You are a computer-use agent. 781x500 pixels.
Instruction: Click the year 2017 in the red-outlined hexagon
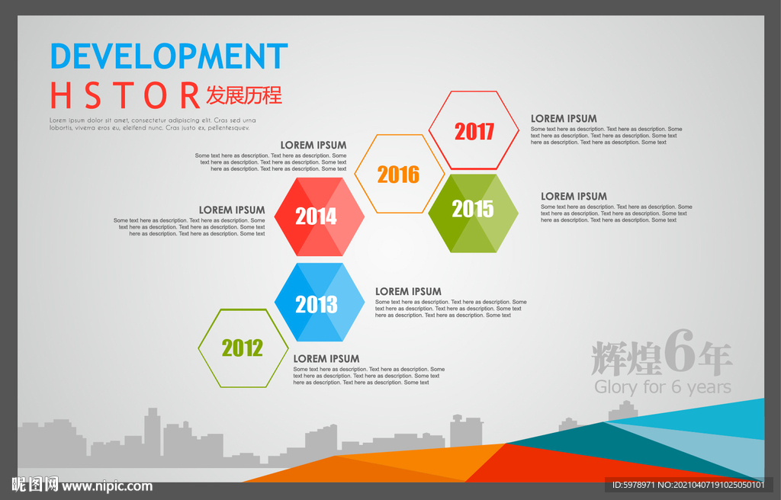(474, 131)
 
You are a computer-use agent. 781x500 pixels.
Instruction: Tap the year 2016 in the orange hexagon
(398, 175)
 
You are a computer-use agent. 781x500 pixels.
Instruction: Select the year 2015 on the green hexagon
(473, 209)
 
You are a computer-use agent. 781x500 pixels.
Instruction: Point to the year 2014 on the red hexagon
(317, 216)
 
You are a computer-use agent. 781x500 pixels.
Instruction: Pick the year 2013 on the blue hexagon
(317, 304)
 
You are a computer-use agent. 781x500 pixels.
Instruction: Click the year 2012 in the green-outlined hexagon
(242, 348)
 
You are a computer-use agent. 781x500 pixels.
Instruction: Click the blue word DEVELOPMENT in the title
(169, 56)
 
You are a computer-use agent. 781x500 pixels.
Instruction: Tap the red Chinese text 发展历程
(244, 95)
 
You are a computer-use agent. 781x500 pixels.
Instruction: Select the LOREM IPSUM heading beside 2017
(564, 119)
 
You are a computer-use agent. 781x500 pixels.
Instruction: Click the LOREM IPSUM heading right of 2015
(574, 196)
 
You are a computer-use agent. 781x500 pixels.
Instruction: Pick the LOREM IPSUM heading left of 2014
(232, 210)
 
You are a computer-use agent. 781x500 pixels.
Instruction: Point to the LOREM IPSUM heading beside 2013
(409, 291)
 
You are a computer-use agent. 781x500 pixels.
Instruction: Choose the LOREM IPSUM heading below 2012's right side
(326, 358)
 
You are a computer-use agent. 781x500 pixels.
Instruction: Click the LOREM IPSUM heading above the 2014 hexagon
(313, 145)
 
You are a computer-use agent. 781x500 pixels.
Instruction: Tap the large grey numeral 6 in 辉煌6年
(679, 351)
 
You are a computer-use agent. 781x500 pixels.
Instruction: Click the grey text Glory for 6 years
(663, 387)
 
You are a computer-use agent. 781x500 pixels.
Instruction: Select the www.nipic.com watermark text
(107, 486)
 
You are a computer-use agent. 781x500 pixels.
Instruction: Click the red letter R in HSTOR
(190, 95)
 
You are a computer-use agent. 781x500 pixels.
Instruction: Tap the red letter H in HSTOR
(61, 95)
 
